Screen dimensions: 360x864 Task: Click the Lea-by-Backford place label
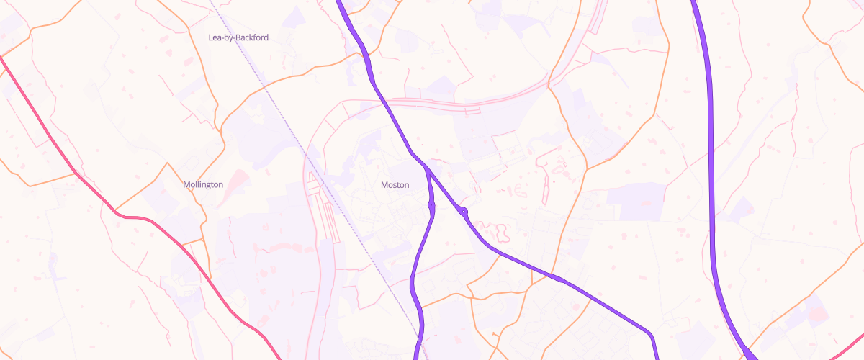(x=238, y=37)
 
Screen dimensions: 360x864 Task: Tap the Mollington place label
(x=203, y=185)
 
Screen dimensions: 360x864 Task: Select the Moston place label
(x=395, y=185)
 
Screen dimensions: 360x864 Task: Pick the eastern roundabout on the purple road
(x=463, y=211)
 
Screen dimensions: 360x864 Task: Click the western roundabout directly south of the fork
(x=432, y=207)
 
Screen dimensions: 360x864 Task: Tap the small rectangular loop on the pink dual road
(x=472, y=110)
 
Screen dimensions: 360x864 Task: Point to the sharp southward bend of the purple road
(x=650, y=335)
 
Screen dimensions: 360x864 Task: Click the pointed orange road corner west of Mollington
(x=167, y=163)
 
